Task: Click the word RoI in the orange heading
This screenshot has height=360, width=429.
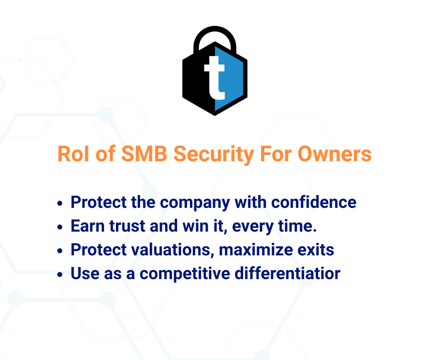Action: (x=73, y=154)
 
